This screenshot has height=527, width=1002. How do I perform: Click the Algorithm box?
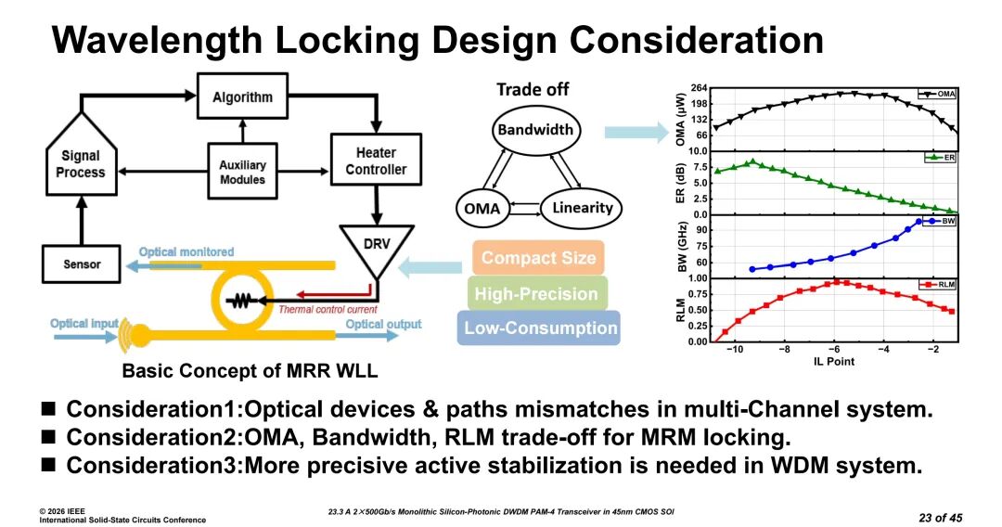coord(242,97)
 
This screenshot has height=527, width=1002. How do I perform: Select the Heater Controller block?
coord(376,161)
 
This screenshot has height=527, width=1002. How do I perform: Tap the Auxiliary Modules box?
coord(242,172)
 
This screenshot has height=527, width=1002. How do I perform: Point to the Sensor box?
coord(83,264)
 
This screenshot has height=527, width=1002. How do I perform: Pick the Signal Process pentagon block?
coord(81,161)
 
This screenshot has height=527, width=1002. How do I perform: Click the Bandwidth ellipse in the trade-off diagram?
coord(535,130)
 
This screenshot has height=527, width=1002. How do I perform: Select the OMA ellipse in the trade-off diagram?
coord(481,209)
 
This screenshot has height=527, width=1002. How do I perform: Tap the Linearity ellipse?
coord(583,208)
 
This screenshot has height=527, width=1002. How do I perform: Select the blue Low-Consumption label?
coord(539,328)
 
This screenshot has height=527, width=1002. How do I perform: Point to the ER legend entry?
coord(941,158)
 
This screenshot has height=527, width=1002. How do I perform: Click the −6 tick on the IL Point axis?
coord(834,350)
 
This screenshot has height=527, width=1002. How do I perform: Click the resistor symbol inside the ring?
coord(243,302)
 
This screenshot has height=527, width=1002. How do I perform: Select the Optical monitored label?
coord(186,251)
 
